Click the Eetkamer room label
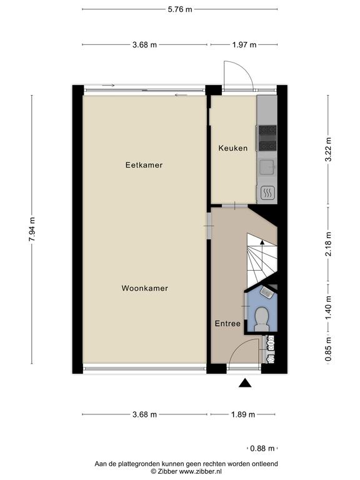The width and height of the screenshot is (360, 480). click(144, 165)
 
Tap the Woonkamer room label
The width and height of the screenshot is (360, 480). click(145, 288)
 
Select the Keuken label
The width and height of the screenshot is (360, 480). click(233, 148)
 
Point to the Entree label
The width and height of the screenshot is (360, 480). click(227, 323)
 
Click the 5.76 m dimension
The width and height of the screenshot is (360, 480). click(180, 9)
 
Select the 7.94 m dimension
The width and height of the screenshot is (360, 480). click(32, 229)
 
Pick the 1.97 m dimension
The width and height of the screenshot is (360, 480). click(244, 45)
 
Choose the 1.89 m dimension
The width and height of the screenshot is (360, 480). click(242, 414)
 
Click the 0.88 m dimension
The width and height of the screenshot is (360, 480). click(262, 449)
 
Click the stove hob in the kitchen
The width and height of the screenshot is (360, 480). click(267, 138)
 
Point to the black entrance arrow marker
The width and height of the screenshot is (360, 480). click(245, 383)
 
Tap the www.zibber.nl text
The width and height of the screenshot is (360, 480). click(200, 471)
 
